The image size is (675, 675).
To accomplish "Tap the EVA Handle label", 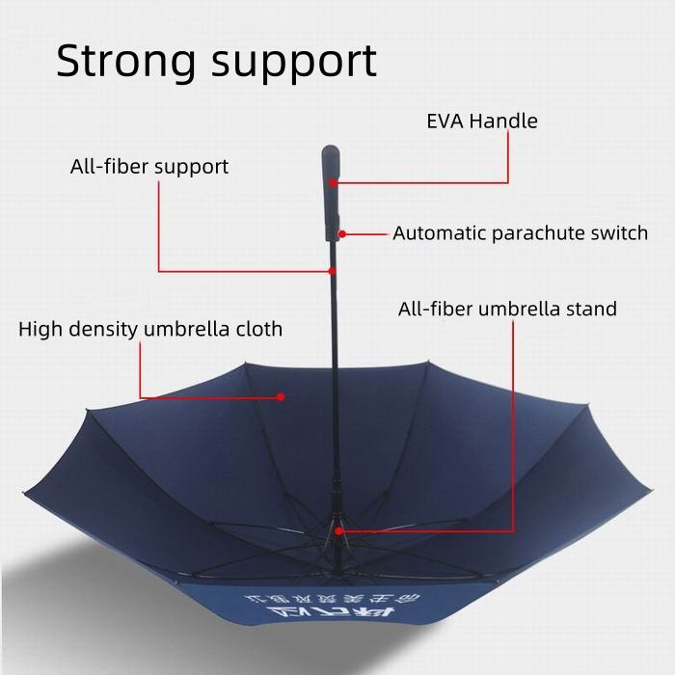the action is point(482,121).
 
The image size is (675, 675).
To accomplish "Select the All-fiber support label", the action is point(149,166).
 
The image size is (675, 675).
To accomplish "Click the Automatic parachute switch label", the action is point(520,233).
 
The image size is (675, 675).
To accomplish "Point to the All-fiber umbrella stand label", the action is point(507,310).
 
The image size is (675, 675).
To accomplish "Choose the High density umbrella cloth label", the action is point(150,329).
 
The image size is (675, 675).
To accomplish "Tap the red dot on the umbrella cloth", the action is point(282,395).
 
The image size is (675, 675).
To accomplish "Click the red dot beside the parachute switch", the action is point(343,232).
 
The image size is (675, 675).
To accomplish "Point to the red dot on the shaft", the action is point(333,271).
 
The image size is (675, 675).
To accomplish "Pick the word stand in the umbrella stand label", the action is point(591,310).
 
